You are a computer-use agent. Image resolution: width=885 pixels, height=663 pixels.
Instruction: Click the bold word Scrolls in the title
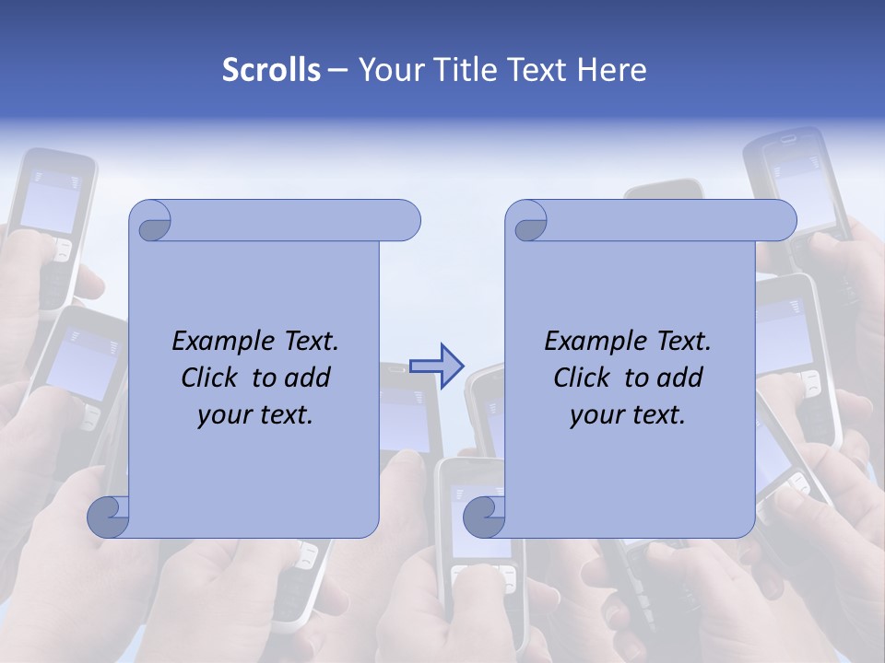pos(272,70)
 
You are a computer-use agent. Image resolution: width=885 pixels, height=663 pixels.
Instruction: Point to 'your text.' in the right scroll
pos(628,414)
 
